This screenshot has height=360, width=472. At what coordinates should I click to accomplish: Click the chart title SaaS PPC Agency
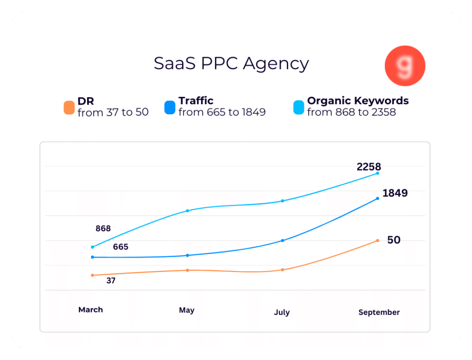pyautogui.click(x=231, y=64)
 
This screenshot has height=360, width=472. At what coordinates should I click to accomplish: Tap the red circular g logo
pyautogui.click(x=405, y=66)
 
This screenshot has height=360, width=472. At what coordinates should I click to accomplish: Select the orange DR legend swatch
pyautogui.click(x=69, y=107)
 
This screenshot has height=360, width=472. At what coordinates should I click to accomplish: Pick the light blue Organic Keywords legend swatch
pyautogui.click(x=299, y=107)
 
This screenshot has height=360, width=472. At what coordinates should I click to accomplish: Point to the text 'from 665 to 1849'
pyautogui.click(x=222, y=112)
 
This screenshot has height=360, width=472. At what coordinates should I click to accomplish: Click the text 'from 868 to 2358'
pyautogui.click(x=351, y=112)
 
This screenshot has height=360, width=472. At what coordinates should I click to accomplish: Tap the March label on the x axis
pyautogui.click(x=91, y=310)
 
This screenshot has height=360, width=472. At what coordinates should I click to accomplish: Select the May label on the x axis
pyautogui.click(x=187, y=310)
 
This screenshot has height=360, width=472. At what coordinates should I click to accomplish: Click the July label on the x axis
pyautogui.click(x=282, y=313)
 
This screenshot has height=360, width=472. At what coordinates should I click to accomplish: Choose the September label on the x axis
pyautogui.click(x=379, y=313)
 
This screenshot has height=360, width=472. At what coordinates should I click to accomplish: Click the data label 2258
pyautogui.click(x=369, y=167)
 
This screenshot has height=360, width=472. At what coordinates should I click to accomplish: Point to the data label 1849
pyautogui.click(x=395, y=193)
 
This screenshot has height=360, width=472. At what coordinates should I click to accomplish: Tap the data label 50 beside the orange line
pyautogui.click(x=394, y=240)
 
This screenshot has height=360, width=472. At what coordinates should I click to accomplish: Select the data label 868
pyautogui.click(x=103, y=229)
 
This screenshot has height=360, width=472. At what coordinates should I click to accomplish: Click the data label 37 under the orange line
pyautogui.click(x=111, y=280)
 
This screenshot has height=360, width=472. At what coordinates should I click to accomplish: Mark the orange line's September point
pyautogui.click(x=378, y=241)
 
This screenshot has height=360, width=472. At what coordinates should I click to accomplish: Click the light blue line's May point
pyautogui.click(x=188, y=211)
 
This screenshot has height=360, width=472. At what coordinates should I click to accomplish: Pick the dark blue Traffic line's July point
pyautogui.click(x=283, y=241)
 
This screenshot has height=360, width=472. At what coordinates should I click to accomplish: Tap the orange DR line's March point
pyautogui.click(x=93, y=275)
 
